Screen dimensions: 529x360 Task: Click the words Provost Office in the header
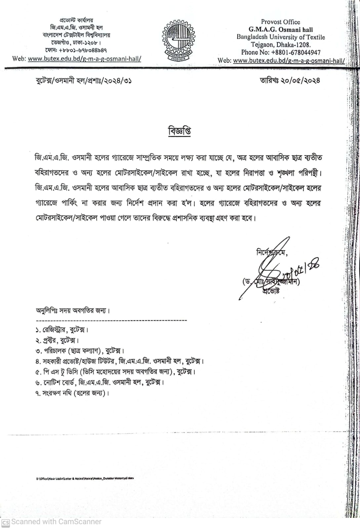pyautogui.click(x=280, y=22)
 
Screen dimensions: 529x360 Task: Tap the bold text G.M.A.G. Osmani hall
pyautogui.click(x=281, y=29)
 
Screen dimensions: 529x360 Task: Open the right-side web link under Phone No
pyautogui.click(x=289, y=61)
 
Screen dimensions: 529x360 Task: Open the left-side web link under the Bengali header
pyautogui.click(x=85, y=59)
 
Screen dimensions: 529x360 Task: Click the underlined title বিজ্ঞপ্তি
pyautogui.click(x=180, y=131)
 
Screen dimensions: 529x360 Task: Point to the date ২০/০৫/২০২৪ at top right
pyautogui.click(x=300, y=80)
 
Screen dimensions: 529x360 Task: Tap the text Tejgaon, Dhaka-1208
pyautogui.click(x=281, y=45)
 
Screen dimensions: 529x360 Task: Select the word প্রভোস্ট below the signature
pyautogui.click(x=271, y=291)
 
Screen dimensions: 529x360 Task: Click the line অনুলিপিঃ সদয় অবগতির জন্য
pyautogui.click(x=72, y=310)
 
